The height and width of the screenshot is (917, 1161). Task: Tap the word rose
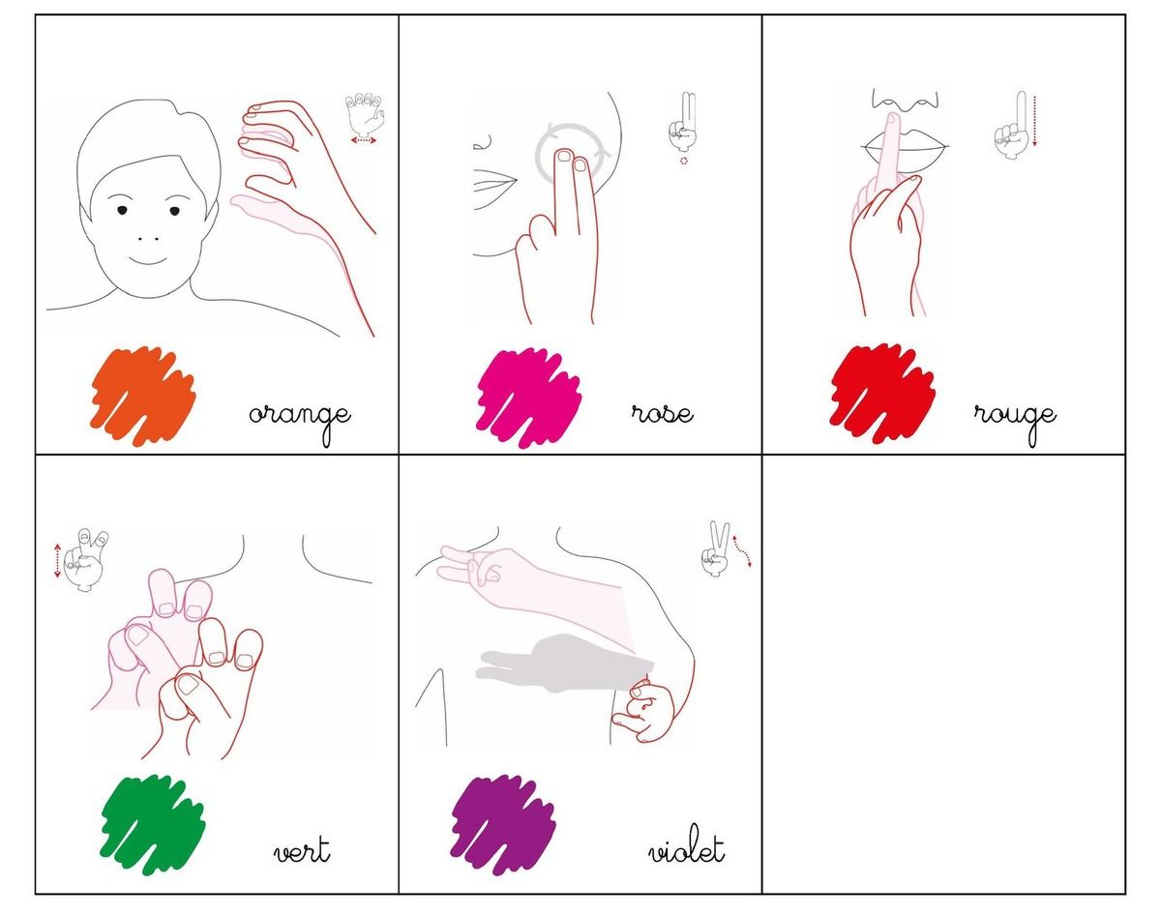(662, 414)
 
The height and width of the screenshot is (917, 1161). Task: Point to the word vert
(302, 850)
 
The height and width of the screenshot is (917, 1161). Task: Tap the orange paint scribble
(143, 397)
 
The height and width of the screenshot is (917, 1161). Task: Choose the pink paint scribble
(528, 398)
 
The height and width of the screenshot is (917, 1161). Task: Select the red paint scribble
(882, 394)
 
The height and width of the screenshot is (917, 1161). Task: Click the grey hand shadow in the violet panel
(564, 664)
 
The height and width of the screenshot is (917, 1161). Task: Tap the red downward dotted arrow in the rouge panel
(1034, 121)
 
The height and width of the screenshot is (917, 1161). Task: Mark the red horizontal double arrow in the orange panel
(363, 140)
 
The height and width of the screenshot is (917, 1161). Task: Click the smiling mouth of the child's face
(148, 260)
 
